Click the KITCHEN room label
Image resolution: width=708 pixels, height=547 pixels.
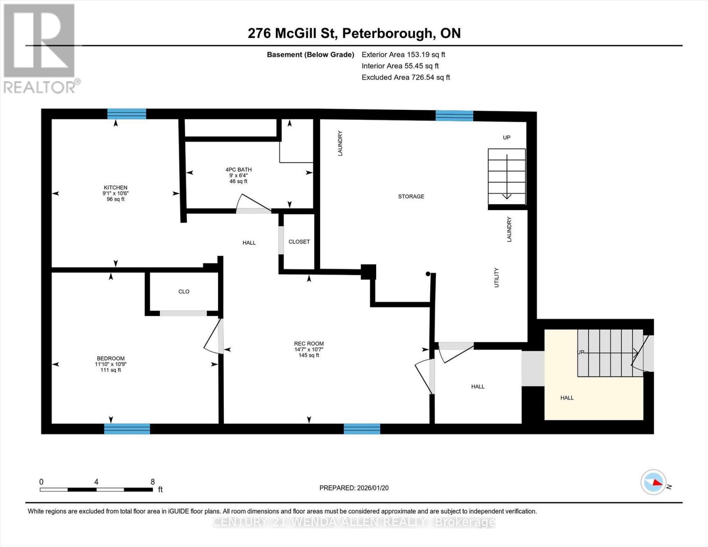[x=115, y=188]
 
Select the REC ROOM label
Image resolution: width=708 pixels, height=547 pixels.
[x=309, y=344]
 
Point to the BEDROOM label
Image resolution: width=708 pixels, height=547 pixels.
[x=110, y=358]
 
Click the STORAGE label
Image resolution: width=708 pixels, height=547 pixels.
[x=411, y=196]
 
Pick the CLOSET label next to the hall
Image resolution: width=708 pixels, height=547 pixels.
[x=299, y=242]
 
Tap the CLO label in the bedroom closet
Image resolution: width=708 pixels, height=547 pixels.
[x=184, y=292]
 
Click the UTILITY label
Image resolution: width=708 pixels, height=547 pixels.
[x=496, y=277]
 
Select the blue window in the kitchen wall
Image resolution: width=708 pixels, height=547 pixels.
[x=127, y=114]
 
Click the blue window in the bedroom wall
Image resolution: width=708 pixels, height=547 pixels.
[x=127, y=428]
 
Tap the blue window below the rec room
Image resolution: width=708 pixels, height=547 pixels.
[x=362, y=428]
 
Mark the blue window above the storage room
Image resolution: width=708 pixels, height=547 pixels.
[x=454, y=116]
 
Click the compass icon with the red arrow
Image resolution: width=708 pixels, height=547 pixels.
[x=653, y=482]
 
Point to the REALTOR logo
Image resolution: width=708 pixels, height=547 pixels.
[x=40, y=48]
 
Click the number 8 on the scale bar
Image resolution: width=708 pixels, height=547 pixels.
[x=153, y=482]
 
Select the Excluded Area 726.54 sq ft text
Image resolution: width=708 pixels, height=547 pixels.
[x=406, y=77]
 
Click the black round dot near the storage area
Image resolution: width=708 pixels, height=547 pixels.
[x=428, y=274]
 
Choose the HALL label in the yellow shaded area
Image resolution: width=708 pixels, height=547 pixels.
[x=567, y=398]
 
